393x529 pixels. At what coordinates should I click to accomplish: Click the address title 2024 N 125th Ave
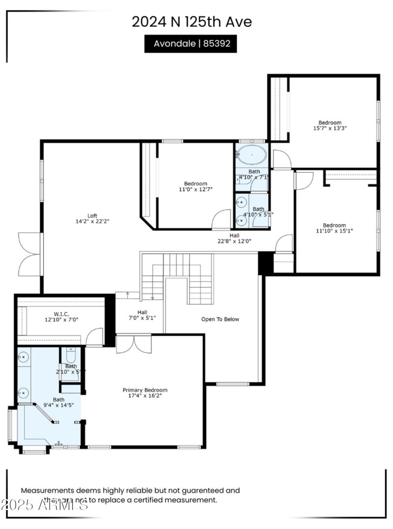coord(192,22)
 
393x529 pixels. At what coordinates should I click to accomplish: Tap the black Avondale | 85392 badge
coord(191,44)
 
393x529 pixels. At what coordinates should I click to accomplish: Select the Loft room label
coord(92,218)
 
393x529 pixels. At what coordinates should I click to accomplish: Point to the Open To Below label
coord(220,319)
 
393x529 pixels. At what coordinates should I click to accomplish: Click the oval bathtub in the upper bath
coord(252,156)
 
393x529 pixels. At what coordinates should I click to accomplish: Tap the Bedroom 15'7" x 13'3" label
coord(330,125)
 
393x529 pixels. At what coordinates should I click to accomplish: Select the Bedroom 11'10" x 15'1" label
coord(334,228)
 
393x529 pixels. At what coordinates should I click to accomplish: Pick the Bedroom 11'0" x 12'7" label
coord(196,186)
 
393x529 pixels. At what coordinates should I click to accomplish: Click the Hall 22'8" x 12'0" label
coord(234,238)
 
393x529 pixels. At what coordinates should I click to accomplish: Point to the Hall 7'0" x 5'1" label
coord(142,315)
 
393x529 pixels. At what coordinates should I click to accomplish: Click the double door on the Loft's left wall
coord(29,254)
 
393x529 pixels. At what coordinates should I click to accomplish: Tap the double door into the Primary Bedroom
coord(134,344)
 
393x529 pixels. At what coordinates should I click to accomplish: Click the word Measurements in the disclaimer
coord(47,490)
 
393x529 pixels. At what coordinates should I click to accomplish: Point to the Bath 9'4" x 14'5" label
coord(58,403)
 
